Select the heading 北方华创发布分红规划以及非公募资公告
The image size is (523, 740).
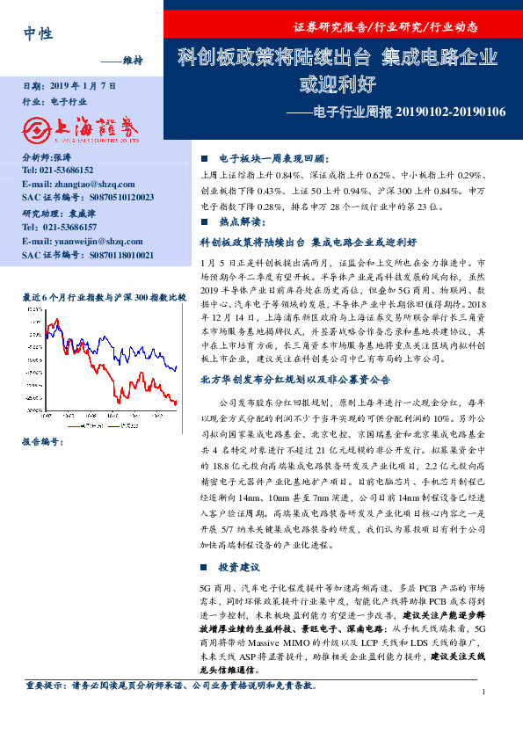pos(296,380)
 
